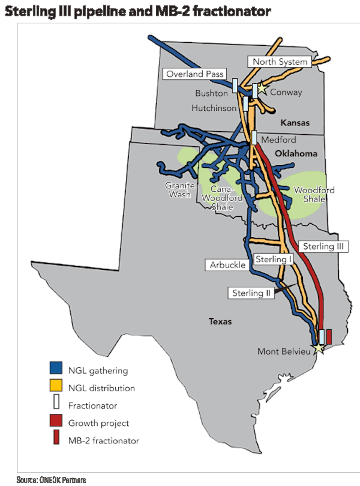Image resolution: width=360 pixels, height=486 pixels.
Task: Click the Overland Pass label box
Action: click(194, 74)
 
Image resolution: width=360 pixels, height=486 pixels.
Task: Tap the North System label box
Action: click(280, 62)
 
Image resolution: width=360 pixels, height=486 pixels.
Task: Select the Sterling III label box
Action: click(323, 247)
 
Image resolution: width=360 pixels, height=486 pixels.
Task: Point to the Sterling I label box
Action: click(274, 259)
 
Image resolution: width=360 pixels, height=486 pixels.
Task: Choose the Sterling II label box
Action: click(251, 293)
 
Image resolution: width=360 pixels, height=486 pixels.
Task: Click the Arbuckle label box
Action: click(227, 265)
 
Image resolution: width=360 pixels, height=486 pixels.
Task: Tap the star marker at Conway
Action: click(262, 88)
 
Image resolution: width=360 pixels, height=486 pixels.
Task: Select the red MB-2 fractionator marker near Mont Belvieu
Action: click(329, 336)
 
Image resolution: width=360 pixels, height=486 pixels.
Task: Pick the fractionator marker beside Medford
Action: click(254, 138)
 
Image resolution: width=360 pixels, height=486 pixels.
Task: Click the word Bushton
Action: click(211, 93)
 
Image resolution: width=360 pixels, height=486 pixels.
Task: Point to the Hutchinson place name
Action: click(214, 108)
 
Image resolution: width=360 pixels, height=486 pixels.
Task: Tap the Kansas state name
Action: click(295, 123)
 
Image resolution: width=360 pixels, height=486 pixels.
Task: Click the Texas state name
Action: click(220, 322)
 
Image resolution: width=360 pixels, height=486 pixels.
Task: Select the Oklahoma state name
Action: click(296, 154)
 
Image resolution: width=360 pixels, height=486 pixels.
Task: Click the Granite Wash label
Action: click(180, 190)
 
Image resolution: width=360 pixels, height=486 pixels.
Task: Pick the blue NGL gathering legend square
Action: click(56, 368)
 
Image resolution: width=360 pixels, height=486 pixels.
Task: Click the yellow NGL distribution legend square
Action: click(56, 385)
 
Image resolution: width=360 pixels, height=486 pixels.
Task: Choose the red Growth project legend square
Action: click(56, 420)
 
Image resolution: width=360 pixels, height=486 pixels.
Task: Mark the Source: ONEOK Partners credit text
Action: click(51, 480)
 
